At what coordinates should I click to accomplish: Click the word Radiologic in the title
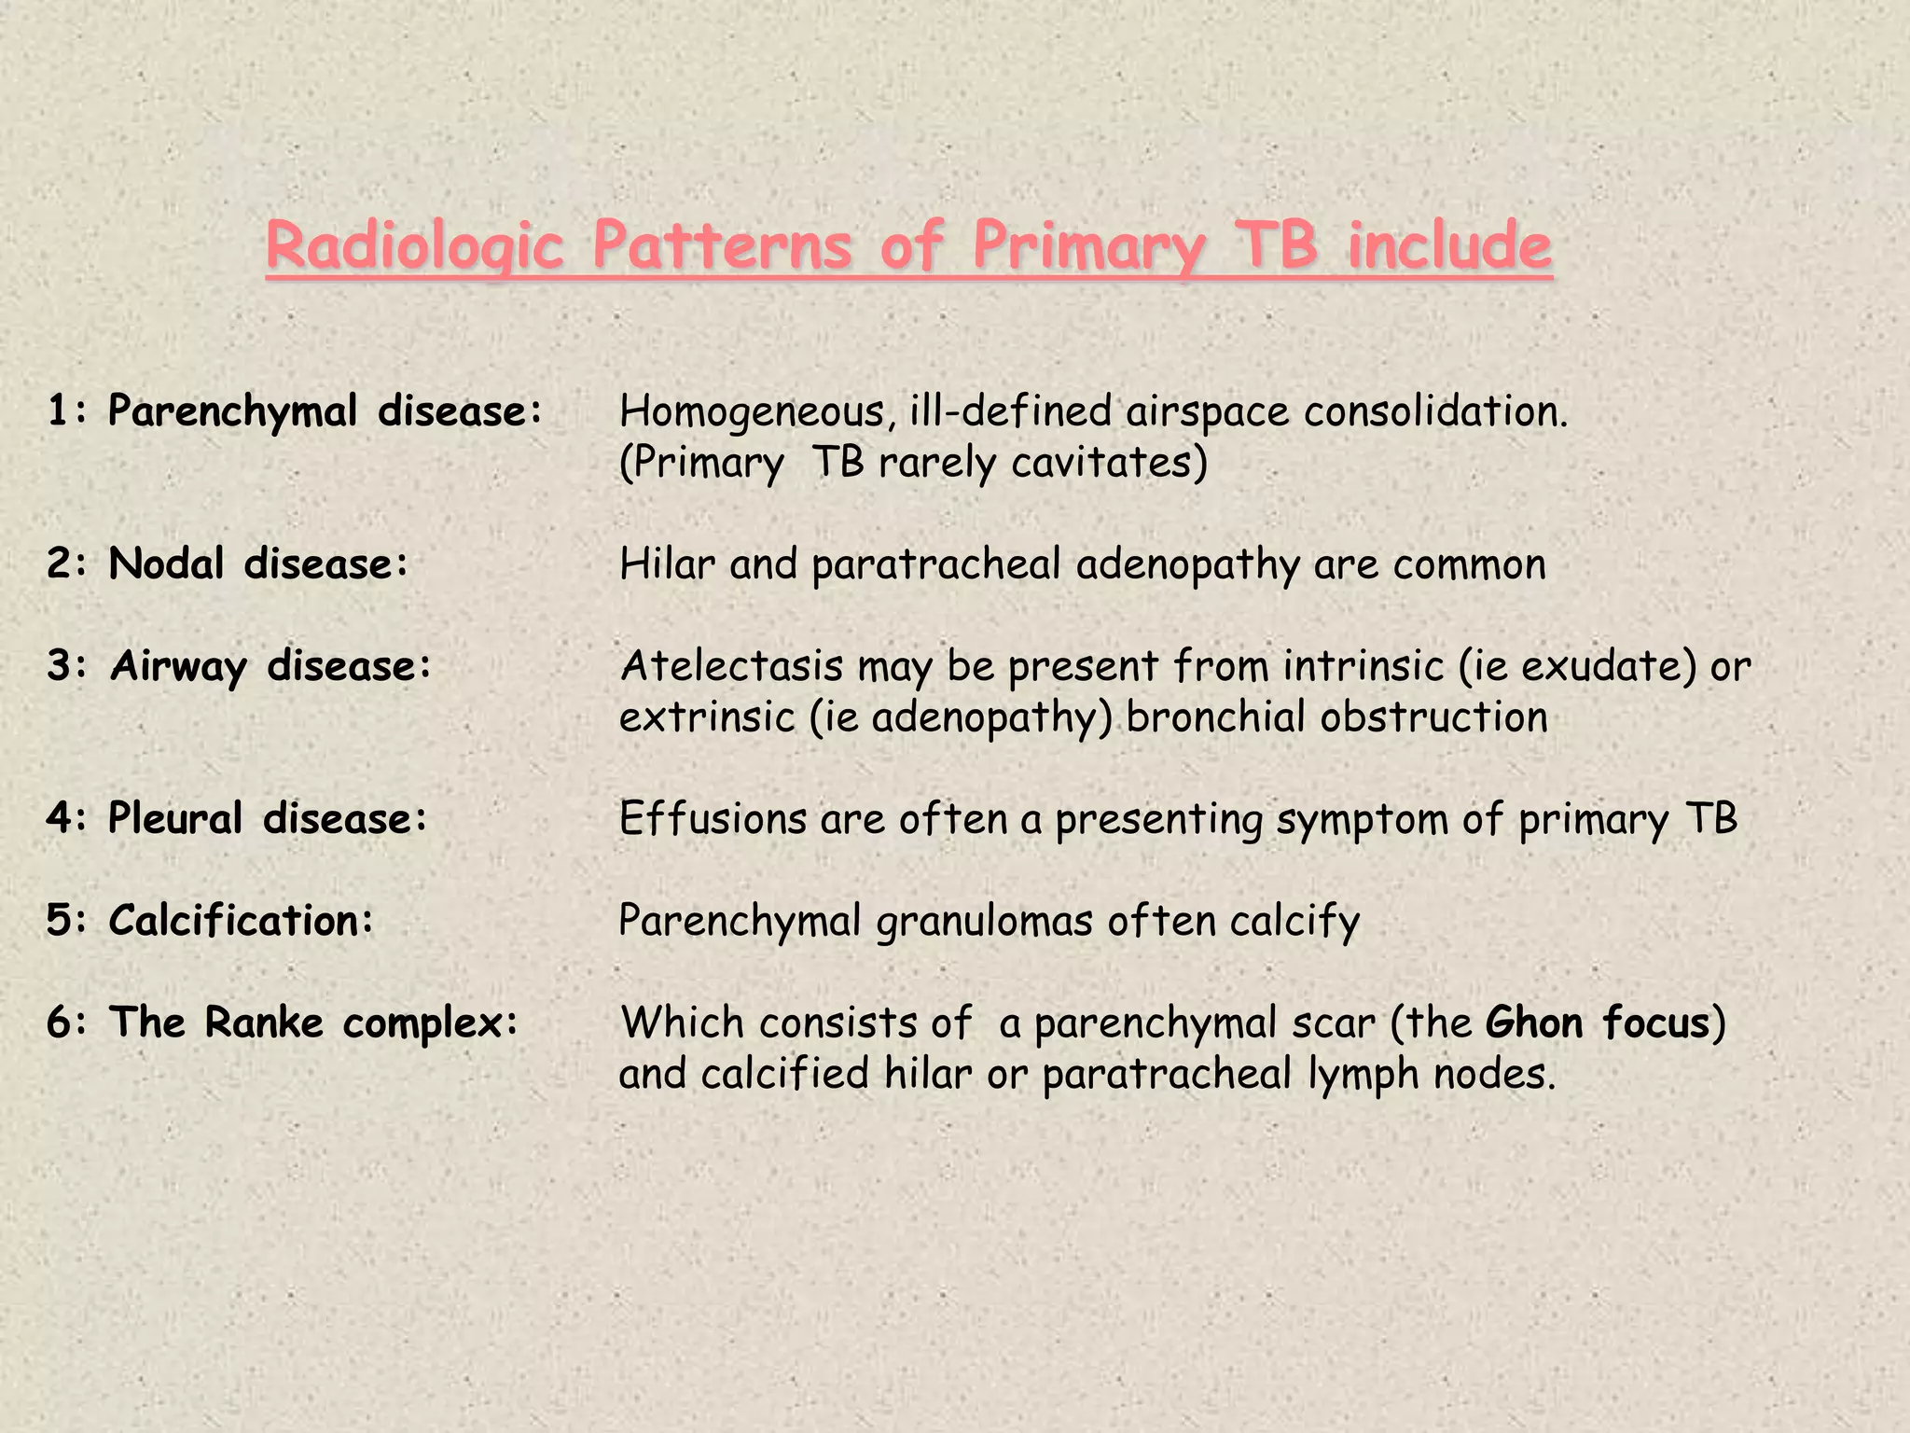point(414,246)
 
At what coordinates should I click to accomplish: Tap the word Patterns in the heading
point(722,246)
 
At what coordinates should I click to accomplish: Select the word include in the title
point(1449,246)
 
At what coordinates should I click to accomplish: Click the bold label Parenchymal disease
point(325,411)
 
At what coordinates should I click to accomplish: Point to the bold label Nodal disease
point(258,563)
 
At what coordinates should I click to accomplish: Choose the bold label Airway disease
point(270,666)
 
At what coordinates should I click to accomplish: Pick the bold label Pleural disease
point(268,818)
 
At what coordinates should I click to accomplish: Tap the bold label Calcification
point(241,921)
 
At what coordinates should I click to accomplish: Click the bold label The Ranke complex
point(313,1023)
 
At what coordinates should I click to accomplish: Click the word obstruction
point(1433,717)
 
